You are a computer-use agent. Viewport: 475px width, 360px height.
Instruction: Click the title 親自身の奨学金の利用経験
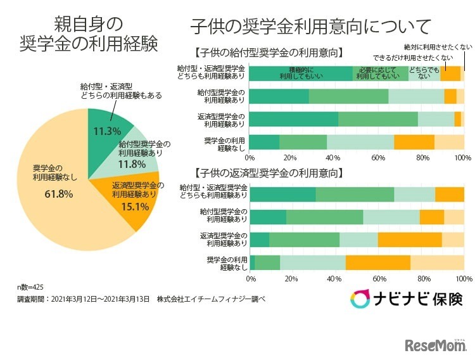tap(88, 35)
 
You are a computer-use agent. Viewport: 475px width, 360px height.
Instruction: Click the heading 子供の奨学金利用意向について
tap(311, 27)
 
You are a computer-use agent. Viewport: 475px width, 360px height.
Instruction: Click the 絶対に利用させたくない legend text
tap(438, 47)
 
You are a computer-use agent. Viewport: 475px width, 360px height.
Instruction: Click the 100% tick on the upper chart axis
tap(463, 157)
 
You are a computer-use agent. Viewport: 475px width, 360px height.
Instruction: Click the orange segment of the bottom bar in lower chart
tap(378, 262)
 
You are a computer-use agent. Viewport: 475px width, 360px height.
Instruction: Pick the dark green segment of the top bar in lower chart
tap(283, 195)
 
